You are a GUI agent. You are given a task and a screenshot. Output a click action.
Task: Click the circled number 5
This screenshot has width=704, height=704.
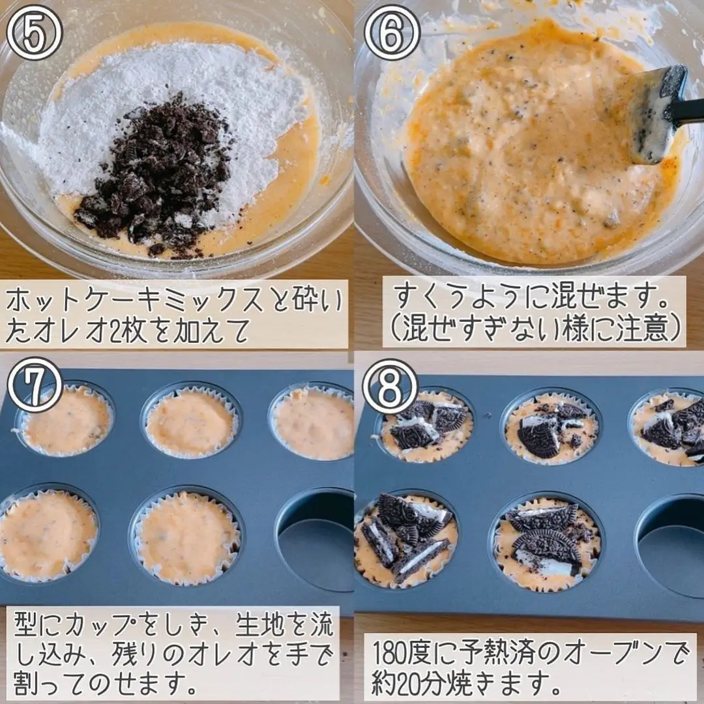point(34,33)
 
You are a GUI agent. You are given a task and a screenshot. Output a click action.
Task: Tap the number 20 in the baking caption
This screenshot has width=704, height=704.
point(417,682)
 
